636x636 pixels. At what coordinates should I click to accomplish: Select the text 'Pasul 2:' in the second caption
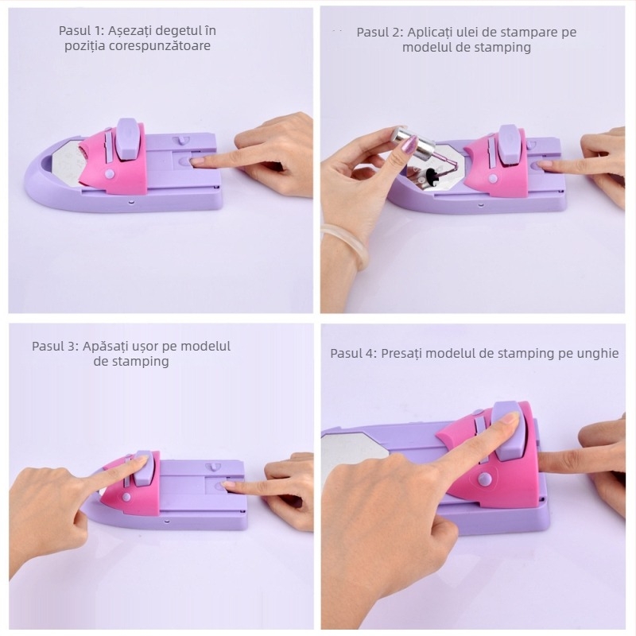click(380, 33)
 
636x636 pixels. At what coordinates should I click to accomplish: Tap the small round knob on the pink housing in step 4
click(483, 479)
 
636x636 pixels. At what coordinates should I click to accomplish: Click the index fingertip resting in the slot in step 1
click(199, 161)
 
